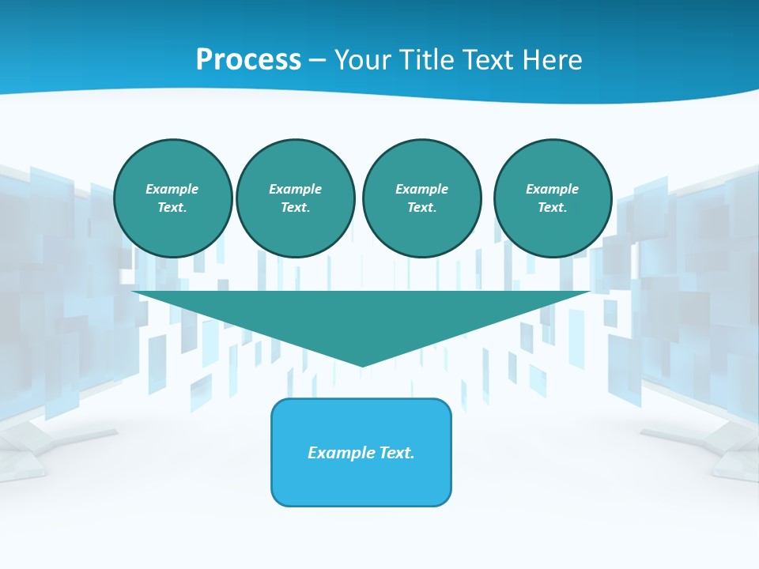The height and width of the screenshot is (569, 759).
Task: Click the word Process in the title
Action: (248, 59)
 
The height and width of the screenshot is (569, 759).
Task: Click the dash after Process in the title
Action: (317, 61)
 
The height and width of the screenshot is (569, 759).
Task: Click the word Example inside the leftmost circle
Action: (172, 189)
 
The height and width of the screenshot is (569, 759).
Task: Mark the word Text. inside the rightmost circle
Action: (553, 208)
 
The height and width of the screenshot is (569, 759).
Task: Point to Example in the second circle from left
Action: (295, 189)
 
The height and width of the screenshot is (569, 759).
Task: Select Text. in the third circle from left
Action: (421, 208)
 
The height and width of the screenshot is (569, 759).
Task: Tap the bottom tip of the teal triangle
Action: (361, 364)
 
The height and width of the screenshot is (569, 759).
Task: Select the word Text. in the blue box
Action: (397, 453)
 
